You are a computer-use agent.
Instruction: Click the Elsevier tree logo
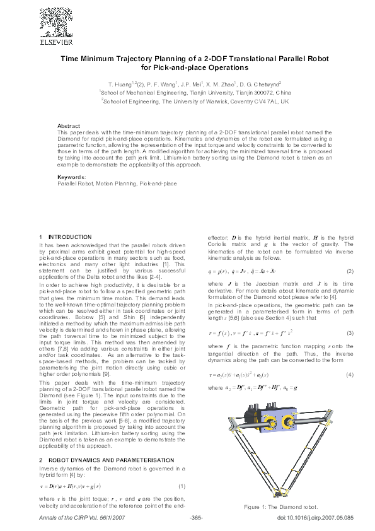tap(57, 23)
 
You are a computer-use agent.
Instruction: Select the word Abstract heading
tap(69, 126)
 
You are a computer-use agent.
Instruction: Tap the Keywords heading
tap(70, 177)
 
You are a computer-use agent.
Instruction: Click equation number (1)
tap(182, 486)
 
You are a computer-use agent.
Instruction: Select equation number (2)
tap(350, 271)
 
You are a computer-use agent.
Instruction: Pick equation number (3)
tap(350, 332)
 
